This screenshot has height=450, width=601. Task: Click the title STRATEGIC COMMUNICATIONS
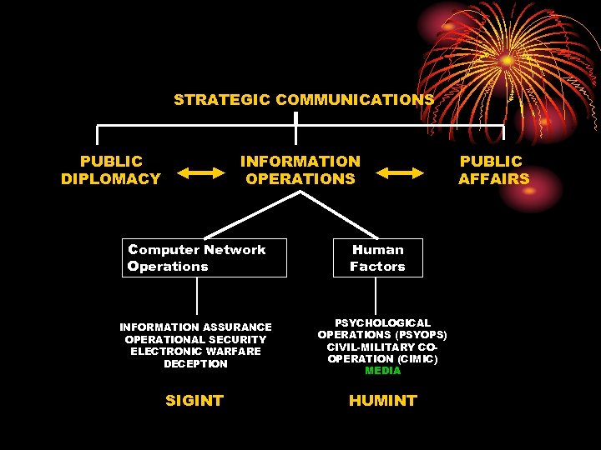point(304,100)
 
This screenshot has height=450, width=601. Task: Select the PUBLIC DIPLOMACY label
point(111,170)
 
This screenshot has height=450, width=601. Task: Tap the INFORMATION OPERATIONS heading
point(300,170)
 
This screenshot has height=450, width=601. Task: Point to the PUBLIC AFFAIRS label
point(493,170)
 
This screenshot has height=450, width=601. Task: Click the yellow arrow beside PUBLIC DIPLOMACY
point(201,172)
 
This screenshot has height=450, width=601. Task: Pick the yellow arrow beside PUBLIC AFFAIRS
point(400,172)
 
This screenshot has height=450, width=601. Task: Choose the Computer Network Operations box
point(204,258)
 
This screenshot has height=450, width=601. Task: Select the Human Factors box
point(377,258)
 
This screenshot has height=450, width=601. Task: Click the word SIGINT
point(194,401)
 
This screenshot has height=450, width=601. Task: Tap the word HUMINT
point(382,401)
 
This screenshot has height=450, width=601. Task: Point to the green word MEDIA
point(382,371)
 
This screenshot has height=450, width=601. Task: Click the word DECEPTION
point(195,364)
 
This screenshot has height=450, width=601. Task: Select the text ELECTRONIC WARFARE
point(195,352)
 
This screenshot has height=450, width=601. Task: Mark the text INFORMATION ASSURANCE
point(195,327)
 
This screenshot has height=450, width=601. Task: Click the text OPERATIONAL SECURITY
point(195,340)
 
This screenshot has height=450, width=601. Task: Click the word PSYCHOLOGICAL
point(382,322)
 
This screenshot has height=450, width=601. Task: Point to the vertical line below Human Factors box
point(376,296)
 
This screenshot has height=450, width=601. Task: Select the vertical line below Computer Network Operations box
point(197,296)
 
